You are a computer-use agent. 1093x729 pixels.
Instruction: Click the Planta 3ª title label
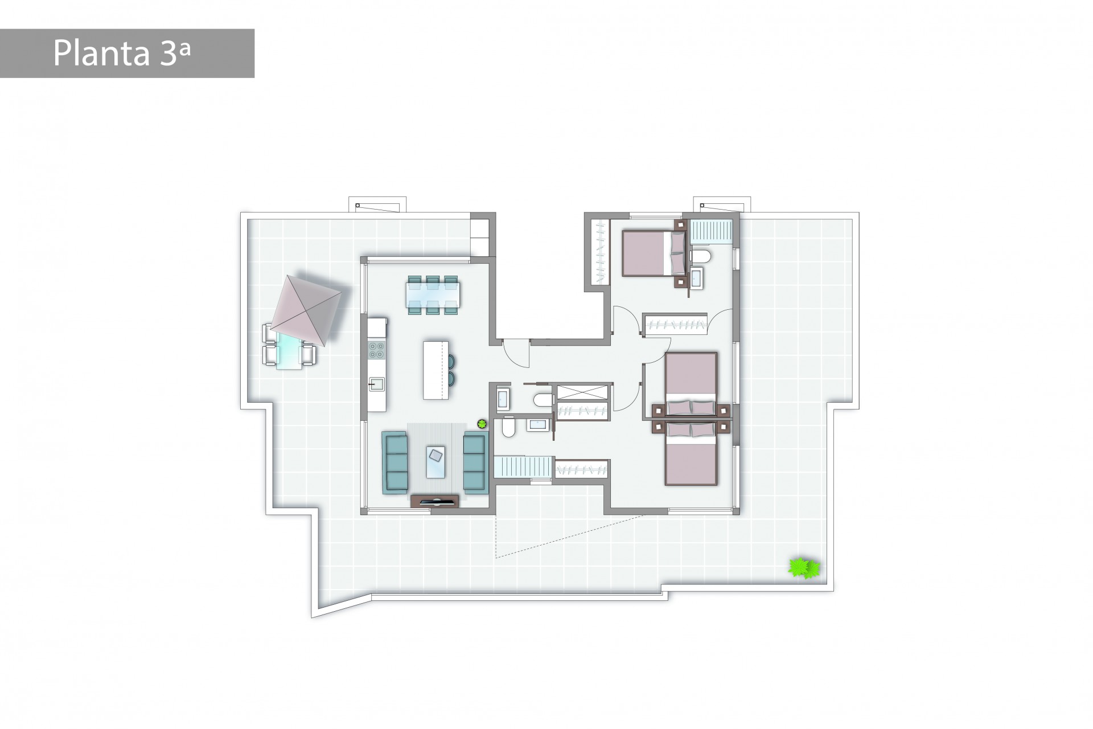pos(122,54)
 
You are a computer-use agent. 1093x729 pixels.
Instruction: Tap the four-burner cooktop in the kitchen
pos(376,349)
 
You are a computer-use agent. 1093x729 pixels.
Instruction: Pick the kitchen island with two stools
pos(435,370)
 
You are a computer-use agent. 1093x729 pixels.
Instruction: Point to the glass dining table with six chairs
pos(433,295)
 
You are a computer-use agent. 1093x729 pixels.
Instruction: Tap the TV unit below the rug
pos(435,501)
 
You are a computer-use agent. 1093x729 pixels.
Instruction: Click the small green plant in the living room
pos(482,423)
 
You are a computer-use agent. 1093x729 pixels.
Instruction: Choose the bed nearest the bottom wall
pos(691,454)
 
